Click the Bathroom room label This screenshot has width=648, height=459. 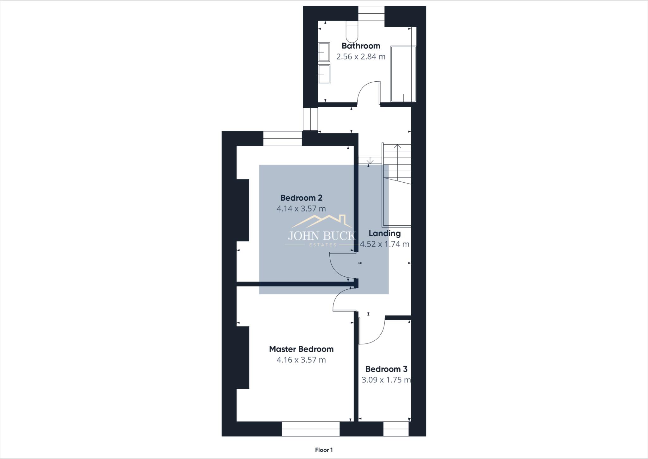[x=361, y=46]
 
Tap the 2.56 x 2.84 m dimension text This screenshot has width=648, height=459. [x=361, y=57]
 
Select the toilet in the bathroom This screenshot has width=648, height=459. [x=352, y=32]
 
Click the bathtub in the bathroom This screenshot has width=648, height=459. [x=403, y=74]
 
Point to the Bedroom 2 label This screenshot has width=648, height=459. [x=301, y=198]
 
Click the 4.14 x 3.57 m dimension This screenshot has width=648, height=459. [x=301, y=209]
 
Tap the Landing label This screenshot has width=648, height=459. [x=384, y=233]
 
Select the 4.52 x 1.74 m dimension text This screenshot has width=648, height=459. [x=384, y=244]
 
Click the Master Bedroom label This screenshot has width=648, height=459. [x=301, y=349]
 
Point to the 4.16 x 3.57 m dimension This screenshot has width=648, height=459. [x=301, y=360]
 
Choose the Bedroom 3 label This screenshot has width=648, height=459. [x=386, y=369]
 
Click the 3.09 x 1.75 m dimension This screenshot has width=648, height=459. [x=386, y=380]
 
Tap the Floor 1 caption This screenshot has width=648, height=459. [x=324, y=450]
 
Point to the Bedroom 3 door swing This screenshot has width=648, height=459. [x=373, y=332]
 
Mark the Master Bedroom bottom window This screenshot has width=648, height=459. [x=311, y=429]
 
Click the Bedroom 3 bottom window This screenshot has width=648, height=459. [x=396, y=429]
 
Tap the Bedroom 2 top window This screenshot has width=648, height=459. [x=283, y=139]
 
